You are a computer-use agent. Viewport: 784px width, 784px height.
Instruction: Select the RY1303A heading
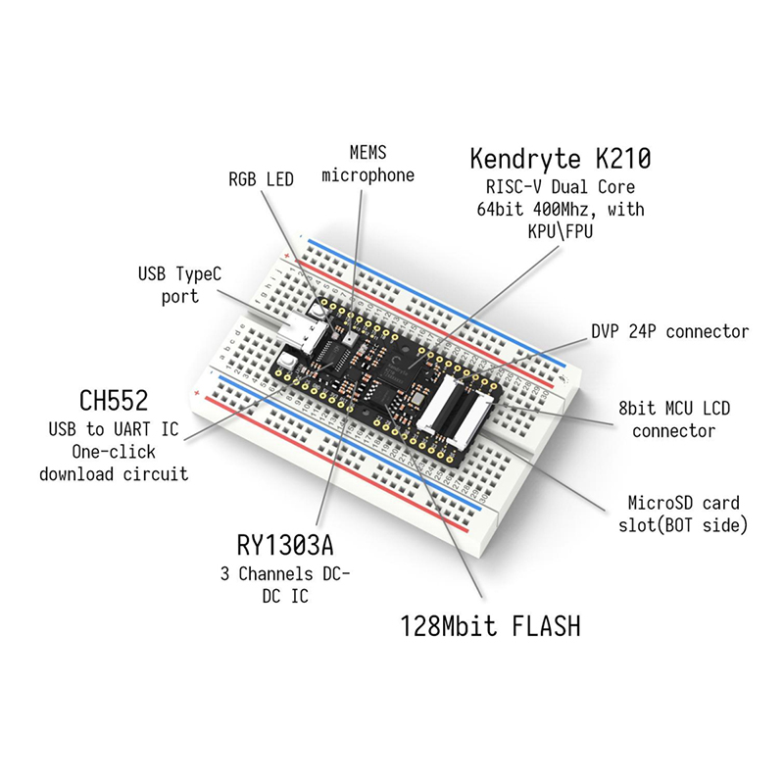293,543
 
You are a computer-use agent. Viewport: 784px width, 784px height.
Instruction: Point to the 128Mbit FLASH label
490,624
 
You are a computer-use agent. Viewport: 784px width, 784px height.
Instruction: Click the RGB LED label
261,179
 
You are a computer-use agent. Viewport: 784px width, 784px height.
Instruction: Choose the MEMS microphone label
367,164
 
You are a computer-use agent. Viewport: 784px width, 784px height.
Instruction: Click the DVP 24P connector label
669,331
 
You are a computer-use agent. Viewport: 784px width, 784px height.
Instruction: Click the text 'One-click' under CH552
118,452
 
